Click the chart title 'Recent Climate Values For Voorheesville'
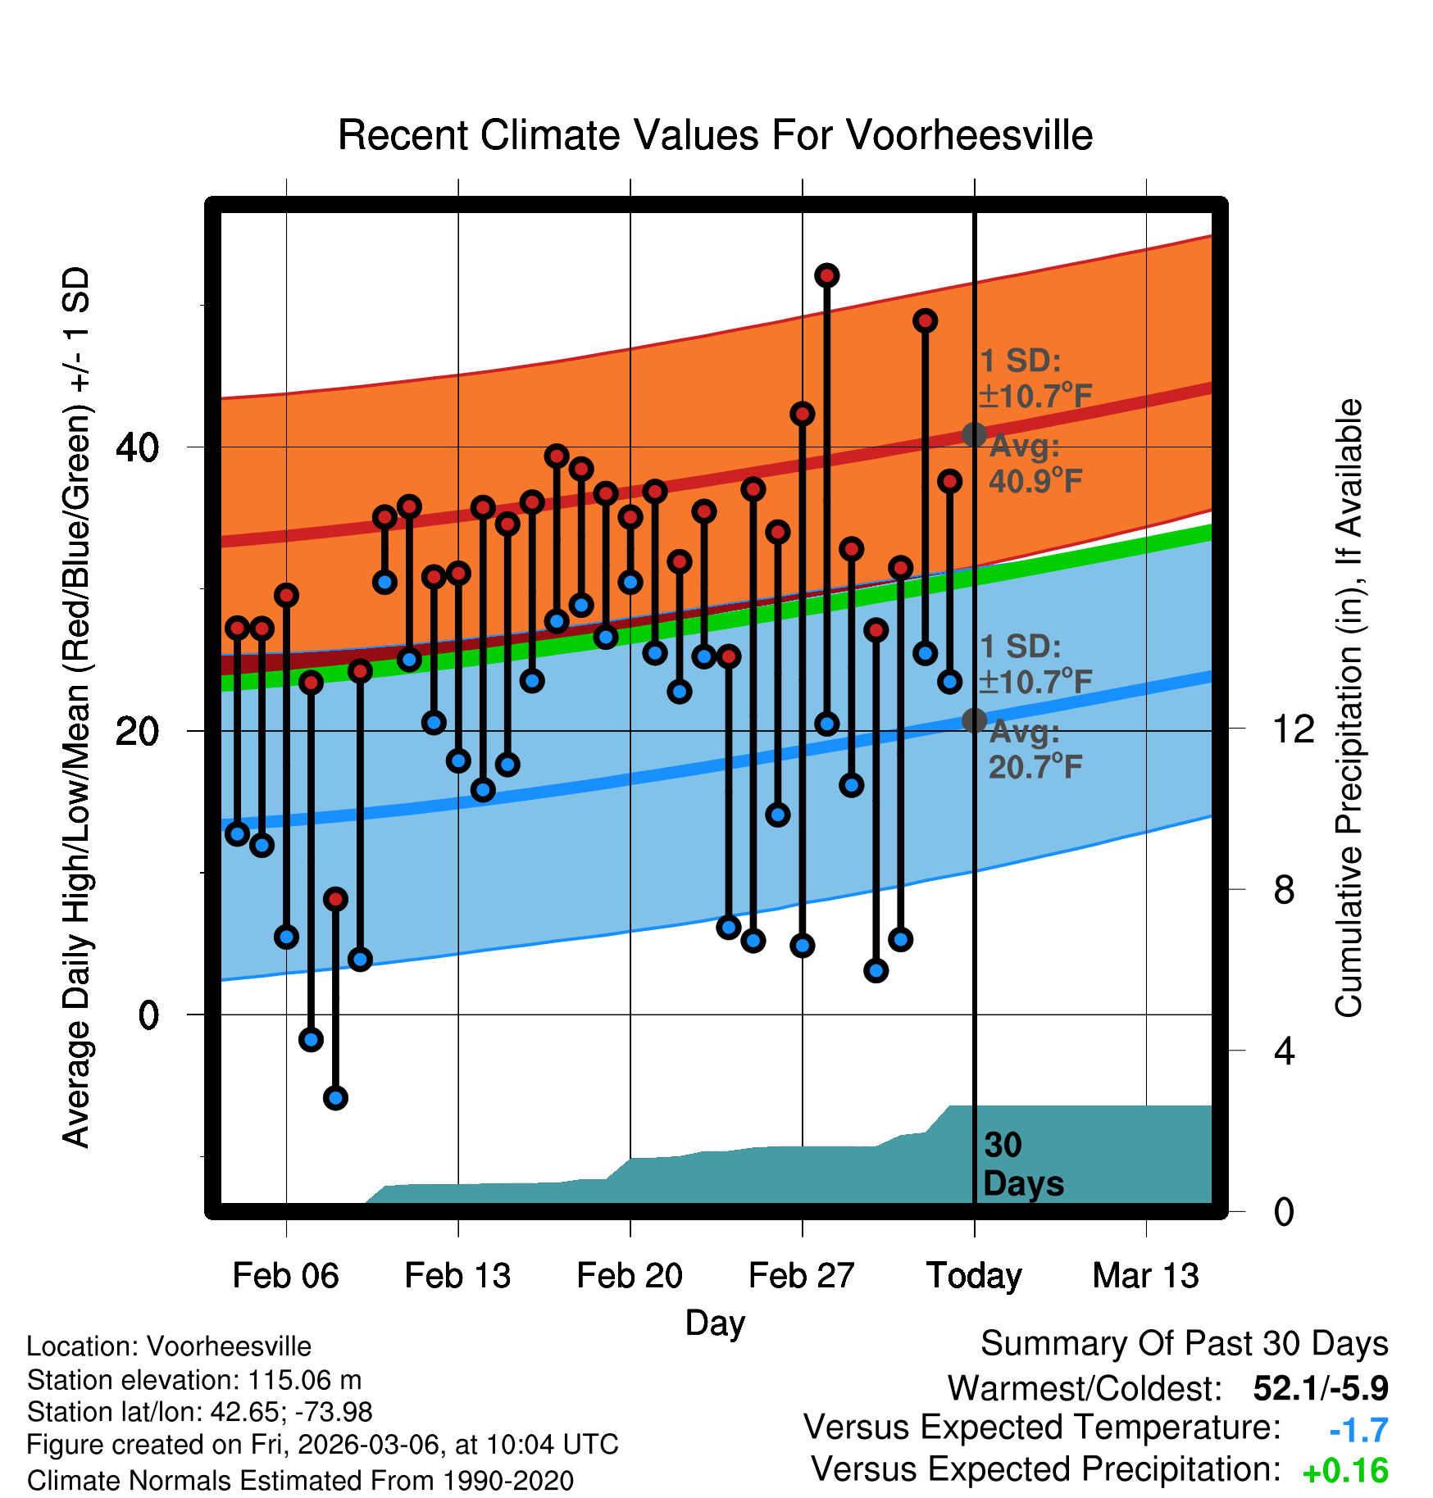tap(715, 135)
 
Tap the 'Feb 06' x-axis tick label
tap(285, 1276)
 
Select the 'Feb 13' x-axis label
tap(457, 1276)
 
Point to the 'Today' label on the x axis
tap(974, 1276)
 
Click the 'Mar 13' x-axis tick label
tap(1146, 1276)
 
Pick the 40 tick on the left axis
tap(138, 447)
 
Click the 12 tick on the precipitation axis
tap(1293, 729)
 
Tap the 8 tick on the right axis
tap(1284, 889)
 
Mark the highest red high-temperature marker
tap(826, 275)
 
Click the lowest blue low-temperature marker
tap(335, 1098)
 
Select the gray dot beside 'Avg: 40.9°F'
tap(974, 434)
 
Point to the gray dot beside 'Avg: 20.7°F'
tap(974, 720)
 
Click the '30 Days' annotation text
tap(1022, 1164)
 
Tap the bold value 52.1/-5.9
tap(1321, 1388)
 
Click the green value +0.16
tap(1345, 1471)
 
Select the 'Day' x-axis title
tap(715, 1323)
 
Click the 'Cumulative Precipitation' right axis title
tap(1349, 709)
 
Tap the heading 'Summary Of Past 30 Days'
tap(1184, 1344)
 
